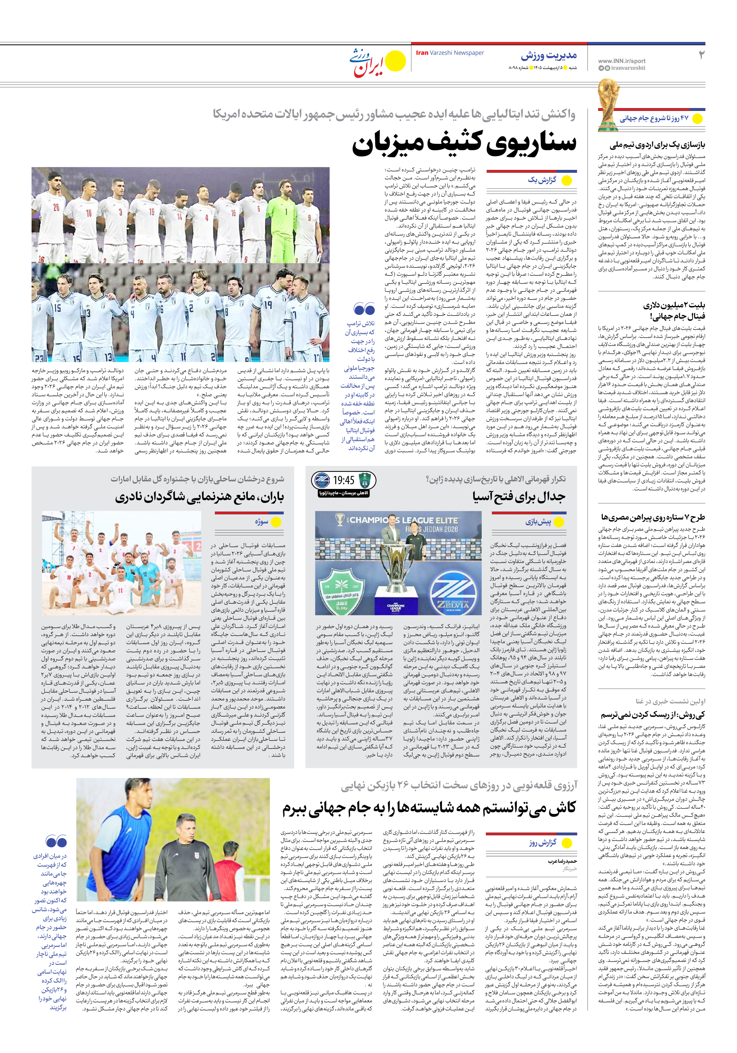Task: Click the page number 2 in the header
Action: tap(701, 55)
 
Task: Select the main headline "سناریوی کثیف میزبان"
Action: tap(464, 144)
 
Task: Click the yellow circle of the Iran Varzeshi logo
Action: tap(395, 61)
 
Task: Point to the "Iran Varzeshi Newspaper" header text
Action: tap(450, 53)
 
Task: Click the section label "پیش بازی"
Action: tap(538, 522)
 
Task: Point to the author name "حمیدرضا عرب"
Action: tap(562, 861)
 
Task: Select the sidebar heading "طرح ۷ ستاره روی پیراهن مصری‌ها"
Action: tap(653, 517)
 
